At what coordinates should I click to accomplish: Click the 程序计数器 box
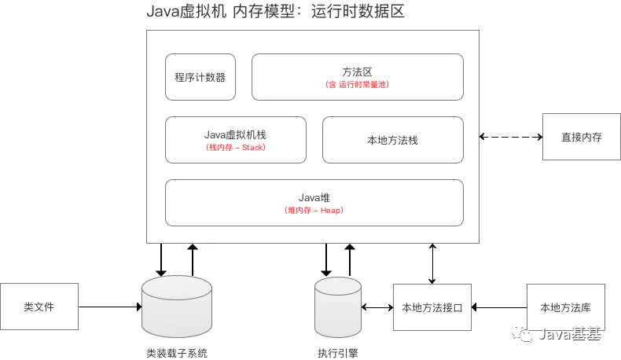pyautogui.click(x=200, y=77)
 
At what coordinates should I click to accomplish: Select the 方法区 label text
pyautogui.click(x=357, y=72)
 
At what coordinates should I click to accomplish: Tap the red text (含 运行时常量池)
pyautogui.click(x=357, y=84)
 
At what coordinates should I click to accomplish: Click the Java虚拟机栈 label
pyautogui.click(x=235, y=134)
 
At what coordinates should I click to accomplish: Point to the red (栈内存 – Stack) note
pyautogui.click(x=236, y=147)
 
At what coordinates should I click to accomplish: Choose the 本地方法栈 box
pyautogui.click(x=393, y=140)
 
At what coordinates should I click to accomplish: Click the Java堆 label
pyautogui.click(x=314, y=197)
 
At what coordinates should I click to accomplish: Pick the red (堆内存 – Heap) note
pyautogui.click(x=314, y=211)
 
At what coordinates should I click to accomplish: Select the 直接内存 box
pyautogui.click(x=582, y=137)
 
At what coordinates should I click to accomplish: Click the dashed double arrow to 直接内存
pyautogui.click(x=511, y=137)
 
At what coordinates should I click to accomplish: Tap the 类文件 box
pyautogui.click(x=39, y=307)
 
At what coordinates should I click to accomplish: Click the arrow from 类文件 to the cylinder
pyautogui.click(x=110, y=307)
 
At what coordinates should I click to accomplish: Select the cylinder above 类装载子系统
pyautogui.click(x=177, y=306)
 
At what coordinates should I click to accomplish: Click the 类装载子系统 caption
pyautogui.click(x=177, y=353)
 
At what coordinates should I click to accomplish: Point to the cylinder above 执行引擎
pyautogui.click(x=338, y=307)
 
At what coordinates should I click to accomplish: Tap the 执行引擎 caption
pyautogui.click(x=338, y=353)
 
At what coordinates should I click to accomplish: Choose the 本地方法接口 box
pyautogui.click(x=432, y=307)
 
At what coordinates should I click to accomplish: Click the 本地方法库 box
pyautogui.click(x=565, y=307)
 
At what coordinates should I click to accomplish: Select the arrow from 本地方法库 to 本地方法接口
pyautogui.click(x=499, y=307)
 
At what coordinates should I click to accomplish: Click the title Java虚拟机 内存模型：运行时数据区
pyautogui.click(x=276, y=11)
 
